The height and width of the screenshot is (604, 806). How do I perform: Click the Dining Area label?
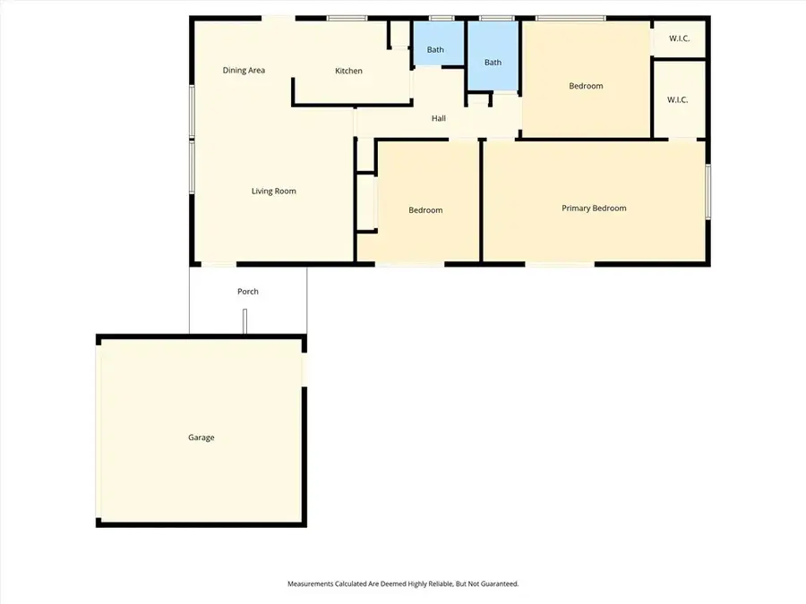click(244, 71)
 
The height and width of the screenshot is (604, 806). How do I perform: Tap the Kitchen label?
click(348, 72)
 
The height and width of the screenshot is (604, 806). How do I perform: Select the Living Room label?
click(273, 191)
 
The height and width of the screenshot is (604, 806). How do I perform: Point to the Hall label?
click(439, 118)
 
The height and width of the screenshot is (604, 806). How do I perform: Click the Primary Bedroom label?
click(594, 208)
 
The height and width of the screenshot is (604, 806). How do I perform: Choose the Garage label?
click(201, 438)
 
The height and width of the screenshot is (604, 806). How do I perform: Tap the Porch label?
click(248, 292)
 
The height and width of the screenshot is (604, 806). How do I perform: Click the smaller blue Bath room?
click(435, 45)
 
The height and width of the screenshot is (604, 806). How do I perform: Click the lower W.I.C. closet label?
click(677, 99)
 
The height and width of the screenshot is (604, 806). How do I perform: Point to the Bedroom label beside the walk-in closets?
click(586, 87)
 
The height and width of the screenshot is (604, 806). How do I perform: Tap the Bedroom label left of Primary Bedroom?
click(425, 211)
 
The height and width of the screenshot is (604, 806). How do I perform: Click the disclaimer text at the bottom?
click(403, 583)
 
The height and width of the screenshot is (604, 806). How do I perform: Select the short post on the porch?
click(244, 322)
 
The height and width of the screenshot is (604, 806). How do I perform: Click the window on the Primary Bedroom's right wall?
click(707, 191)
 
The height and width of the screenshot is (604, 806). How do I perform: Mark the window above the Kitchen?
click(339, 18)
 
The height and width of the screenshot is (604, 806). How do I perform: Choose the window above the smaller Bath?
click(440, 18)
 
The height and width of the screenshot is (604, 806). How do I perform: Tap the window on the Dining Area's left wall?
click(191, 111)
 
